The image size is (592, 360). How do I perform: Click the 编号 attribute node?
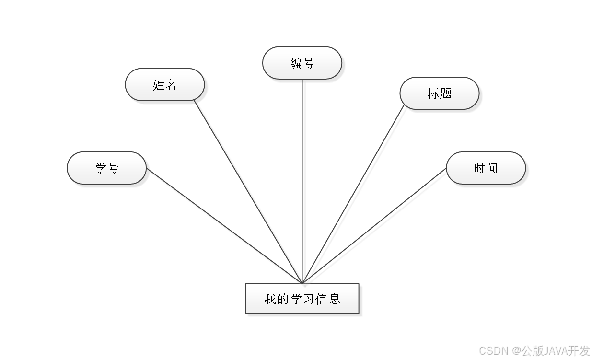point(302,63)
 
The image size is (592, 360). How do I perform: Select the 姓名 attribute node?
point(165,85)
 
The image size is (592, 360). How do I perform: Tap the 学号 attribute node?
point(106,168)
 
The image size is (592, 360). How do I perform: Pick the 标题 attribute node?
point(439,93)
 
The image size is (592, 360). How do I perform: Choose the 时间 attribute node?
point(486,168)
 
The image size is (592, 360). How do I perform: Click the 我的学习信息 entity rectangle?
point(302,299)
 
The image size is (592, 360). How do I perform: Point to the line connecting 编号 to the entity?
point(303,182)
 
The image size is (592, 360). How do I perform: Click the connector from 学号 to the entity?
point(225,225)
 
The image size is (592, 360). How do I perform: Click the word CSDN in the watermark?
point(493,350)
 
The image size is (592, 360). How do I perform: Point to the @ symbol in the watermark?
point(516,350)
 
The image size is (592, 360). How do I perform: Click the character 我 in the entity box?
point(270,299)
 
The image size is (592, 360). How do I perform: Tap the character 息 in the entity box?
point(335,299)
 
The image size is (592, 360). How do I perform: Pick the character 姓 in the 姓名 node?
point(159,85)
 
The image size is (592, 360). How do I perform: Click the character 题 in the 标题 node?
point(446,93)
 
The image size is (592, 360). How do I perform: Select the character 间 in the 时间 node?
point(492,168)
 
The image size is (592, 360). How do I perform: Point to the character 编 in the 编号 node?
point(296,63)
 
